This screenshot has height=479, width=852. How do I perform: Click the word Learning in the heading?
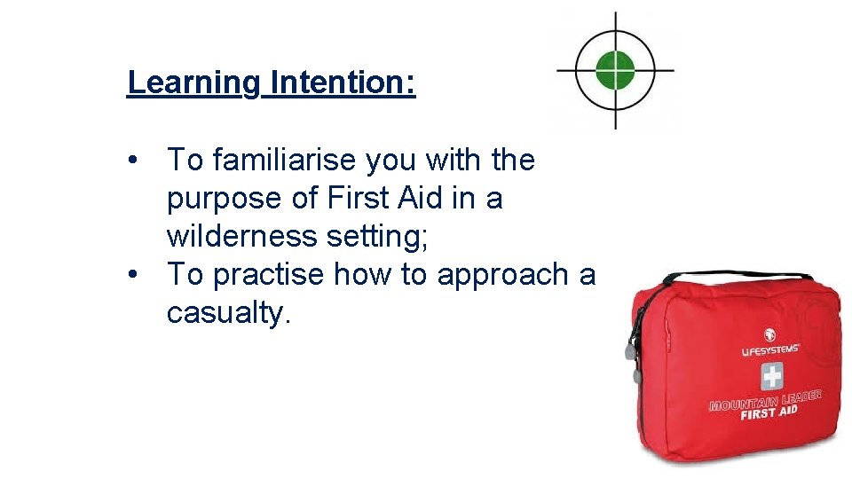click(193, 82)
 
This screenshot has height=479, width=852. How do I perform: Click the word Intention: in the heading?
click(343, 82)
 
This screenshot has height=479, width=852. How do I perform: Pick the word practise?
click(269, 276)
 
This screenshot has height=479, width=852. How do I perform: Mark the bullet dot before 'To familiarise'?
click(132, 161)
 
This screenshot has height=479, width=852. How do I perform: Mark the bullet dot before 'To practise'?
click(132, 276)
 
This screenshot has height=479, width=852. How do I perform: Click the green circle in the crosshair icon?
click(614, 69)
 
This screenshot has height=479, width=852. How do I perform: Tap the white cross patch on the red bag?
click(771, 376)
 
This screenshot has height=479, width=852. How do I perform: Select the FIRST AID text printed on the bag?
click(769, 412)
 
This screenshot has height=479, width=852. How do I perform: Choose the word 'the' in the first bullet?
click(510, 161)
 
